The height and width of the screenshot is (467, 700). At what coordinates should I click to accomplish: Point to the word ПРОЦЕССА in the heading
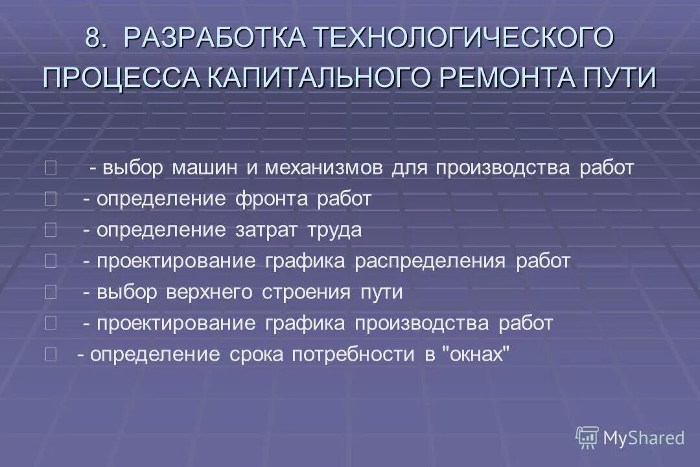click(x=122, y=78)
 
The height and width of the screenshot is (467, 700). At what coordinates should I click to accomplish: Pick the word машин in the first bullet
click(x=205, y=168)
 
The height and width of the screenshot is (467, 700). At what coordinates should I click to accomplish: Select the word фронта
click(x=273, y=199)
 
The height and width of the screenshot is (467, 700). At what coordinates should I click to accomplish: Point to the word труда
click(x=335, y=230)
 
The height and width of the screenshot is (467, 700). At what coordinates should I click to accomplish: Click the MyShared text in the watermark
click(x=644, y=438)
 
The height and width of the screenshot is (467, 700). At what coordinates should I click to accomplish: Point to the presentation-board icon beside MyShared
click(x=587, y=438)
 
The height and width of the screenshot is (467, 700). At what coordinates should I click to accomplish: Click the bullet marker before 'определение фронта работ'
click(x=51, y=199)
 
